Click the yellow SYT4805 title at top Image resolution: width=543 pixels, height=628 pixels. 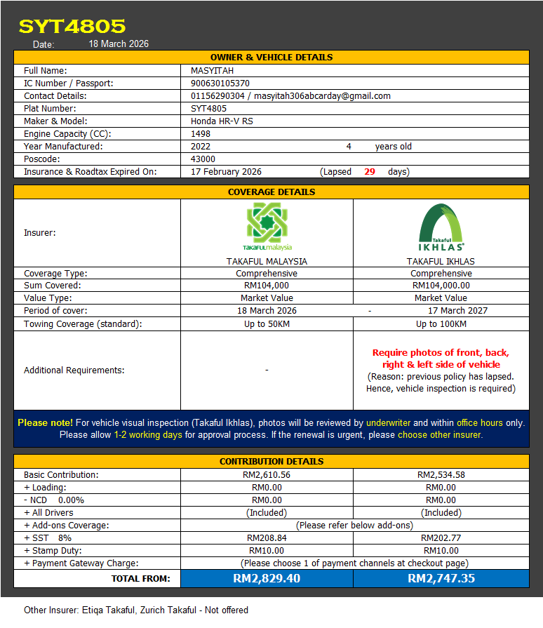72,26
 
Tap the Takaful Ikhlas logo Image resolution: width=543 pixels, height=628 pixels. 441,227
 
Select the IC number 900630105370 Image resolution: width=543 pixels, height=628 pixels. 220,83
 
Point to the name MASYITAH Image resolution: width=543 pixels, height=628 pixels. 212,71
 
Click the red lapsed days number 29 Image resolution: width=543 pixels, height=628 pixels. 370,172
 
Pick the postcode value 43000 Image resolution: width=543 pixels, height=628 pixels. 203,159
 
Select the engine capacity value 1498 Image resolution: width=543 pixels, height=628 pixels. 201,134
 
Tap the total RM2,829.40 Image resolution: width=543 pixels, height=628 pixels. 267,579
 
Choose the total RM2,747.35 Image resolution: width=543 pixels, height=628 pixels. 441,579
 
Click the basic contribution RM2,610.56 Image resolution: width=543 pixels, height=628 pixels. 267,475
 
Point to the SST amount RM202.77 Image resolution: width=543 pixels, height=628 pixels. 441,538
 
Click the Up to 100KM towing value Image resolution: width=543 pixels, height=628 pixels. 441,324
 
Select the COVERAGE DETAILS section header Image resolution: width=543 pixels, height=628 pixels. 271,192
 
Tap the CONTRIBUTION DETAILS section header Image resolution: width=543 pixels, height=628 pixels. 271,462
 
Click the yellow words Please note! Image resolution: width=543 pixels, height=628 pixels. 45,423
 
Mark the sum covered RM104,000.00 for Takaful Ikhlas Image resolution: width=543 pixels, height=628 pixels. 441,286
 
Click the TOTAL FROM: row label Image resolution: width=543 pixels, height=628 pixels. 140,579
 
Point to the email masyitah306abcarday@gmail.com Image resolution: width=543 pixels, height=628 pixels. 322,96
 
